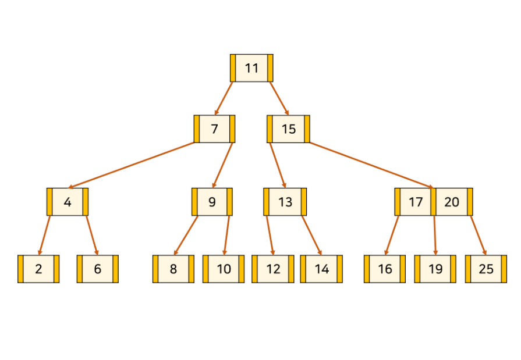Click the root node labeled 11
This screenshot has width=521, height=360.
click(251, 68)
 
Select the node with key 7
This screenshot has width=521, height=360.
click(214, 129)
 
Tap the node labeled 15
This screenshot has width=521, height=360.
click(289, 129)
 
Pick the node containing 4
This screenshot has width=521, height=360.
click(68, 202)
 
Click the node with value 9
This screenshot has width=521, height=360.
click(212, 202)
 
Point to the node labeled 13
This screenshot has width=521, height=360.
click(285, 202)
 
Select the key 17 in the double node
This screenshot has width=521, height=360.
click(416, 202)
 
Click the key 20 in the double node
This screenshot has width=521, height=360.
click(452, 202)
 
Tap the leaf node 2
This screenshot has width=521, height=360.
click(38, 269)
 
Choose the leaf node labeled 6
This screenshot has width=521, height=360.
click(97, 269)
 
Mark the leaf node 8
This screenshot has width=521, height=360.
click(173, 269)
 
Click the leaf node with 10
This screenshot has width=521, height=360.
click(224, 269)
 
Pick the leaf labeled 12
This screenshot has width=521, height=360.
click(273, 269)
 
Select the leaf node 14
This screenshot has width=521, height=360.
click(321, 269)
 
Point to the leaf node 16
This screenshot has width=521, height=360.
click(385, 269)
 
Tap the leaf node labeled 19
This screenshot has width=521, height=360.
click(435, 269)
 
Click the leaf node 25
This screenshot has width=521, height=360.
click(486, 269)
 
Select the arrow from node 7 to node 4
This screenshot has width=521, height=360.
click(131, 165)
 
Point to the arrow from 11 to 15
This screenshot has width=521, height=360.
click(279, 98)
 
